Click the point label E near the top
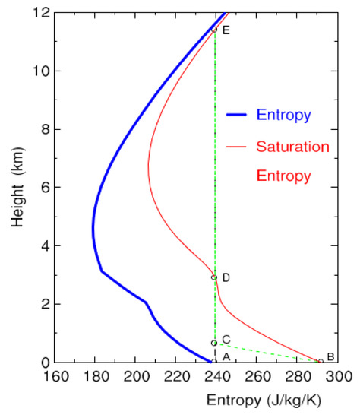226,30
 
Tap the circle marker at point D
214,277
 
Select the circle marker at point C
214,343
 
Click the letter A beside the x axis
226,357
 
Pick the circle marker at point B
321,362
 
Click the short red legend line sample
238,145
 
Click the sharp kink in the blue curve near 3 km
102,271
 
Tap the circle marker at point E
214,30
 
